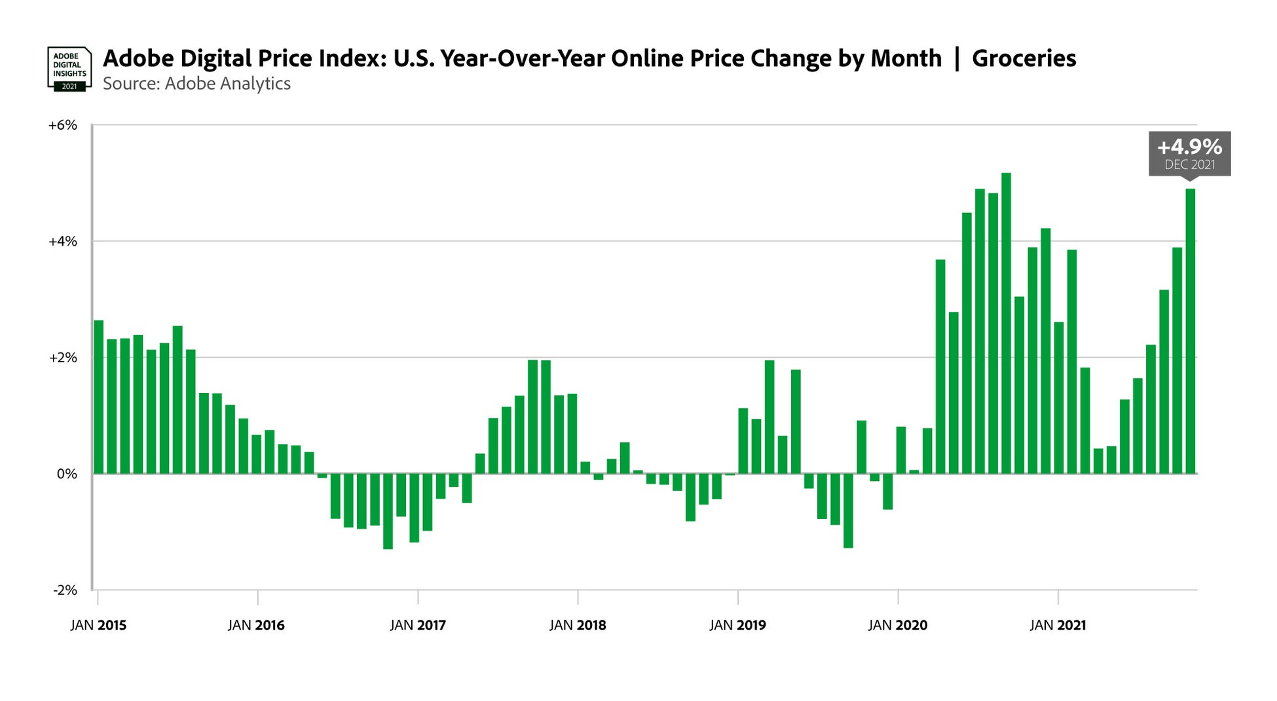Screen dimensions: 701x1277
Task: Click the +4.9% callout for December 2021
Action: [1189, 153]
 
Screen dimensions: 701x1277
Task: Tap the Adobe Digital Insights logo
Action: [69, 68]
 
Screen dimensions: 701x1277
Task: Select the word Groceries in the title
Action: [1024, 58]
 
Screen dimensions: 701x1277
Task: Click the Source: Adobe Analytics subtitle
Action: [196, 84]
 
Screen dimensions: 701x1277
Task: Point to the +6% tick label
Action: [62, 125]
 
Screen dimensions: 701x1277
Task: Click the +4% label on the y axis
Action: [62, 242]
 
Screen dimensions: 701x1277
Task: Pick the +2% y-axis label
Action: [62, 358]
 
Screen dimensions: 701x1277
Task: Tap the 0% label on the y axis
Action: [66, 474]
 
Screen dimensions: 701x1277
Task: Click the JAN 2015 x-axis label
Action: [98, 625]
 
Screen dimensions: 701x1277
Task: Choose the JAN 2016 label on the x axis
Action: [256, 625]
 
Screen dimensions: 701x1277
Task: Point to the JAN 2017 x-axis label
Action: [418, 625]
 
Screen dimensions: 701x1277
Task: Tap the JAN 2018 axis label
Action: [578, 625]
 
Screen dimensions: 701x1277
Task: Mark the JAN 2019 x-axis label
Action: [737, 625]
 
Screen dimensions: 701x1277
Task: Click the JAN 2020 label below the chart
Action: [898, 625]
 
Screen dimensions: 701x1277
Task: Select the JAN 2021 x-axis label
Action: [1058, 625]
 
